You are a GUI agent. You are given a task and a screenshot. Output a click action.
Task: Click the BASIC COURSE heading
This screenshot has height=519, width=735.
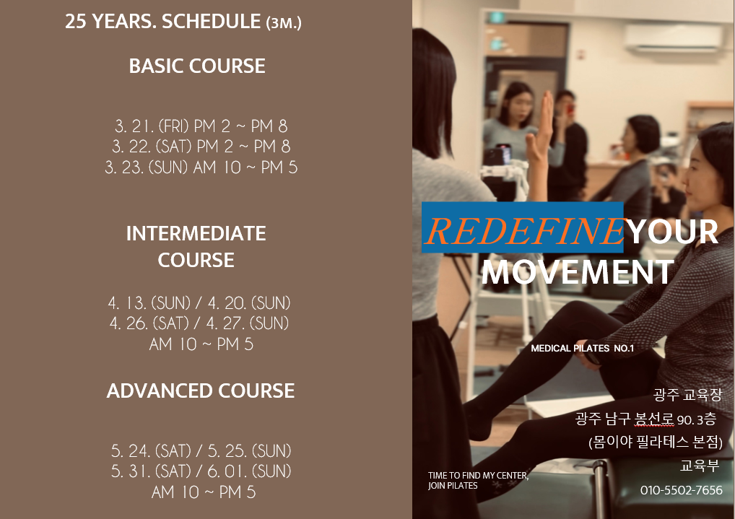coord(197,66)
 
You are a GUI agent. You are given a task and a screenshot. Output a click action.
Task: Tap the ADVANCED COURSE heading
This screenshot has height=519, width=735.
coord(201,391)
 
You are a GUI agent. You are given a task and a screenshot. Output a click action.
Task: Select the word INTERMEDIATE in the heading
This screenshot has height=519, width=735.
coord(196,233)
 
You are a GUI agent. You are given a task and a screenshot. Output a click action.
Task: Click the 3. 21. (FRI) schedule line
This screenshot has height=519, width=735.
coord(201,126)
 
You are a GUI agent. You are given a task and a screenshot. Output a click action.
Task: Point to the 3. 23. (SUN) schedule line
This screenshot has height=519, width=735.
coord(201,167)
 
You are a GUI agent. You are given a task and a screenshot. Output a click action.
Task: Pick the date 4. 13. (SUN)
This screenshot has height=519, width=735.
coord(149,303)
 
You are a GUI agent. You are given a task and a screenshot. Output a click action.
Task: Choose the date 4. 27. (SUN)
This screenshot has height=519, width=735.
coord(248,323)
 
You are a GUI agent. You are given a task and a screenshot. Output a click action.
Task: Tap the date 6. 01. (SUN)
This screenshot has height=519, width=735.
coord(249,471)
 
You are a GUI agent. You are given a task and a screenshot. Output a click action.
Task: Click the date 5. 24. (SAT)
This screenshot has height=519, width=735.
coord(151,450)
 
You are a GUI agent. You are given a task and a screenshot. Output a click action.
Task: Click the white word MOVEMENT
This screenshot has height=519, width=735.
coord(578,272)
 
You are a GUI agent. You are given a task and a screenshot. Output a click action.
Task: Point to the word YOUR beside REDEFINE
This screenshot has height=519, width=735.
coord(673,232)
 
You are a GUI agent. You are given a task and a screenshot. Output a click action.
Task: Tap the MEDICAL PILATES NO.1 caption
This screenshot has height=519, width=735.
coord(582,349)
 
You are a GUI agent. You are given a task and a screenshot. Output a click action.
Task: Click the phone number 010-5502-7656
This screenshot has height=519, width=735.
coord(681,490)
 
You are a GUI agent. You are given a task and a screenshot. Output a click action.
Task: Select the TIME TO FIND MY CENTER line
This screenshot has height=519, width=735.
coord(478,476)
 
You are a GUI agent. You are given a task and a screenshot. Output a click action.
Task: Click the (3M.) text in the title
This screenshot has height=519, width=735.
coord(284,23)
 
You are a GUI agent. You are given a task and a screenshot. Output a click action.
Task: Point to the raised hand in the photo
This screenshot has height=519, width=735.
coord(543,131)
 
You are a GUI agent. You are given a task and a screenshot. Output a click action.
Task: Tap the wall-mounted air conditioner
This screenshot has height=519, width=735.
coord(673,38)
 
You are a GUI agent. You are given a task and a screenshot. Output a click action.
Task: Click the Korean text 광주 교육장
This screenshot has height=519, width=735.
coord(687,395)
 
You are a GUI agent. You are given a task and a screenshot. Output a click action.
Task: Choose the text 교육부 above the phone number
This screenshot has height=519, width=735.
coord(700,466)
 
